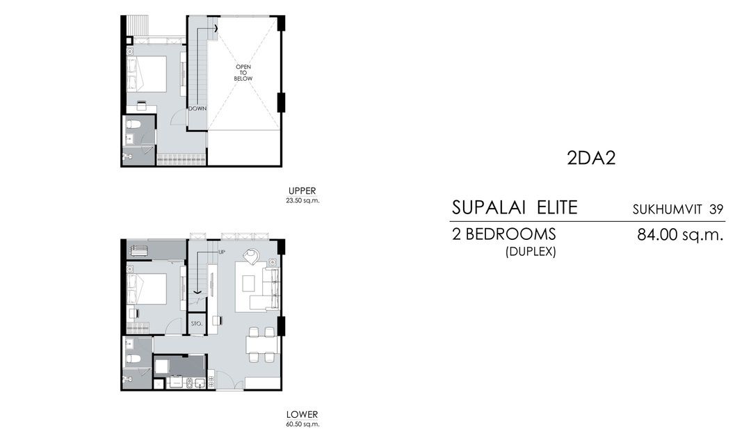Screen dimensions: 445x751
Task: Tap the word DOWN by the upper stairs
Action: (197, 108)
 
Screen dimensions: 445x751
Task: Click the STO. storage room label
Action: (196, 323)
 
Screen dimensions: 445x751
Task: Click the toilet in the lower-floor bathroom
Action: (136, 358)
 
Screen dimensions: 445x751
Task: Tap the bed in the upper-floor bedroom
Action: (148, 74)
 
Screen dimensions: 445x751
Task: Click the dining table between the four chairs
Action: (261, 344)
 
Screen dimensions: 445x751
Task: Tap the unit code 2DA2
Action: (592, 159)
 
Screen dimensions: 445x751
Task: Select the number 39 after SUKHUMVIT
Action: (716, 209)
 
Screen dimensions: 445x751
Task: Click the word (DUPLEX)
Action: (531, 252)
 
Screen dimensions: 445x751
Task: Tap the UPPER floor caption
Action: (302, 191)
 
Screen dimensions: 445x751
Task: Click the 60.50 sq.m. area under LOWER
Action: (302, 423)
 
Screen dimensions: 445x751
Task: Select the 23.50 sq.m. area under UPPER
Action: (302, 200)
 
